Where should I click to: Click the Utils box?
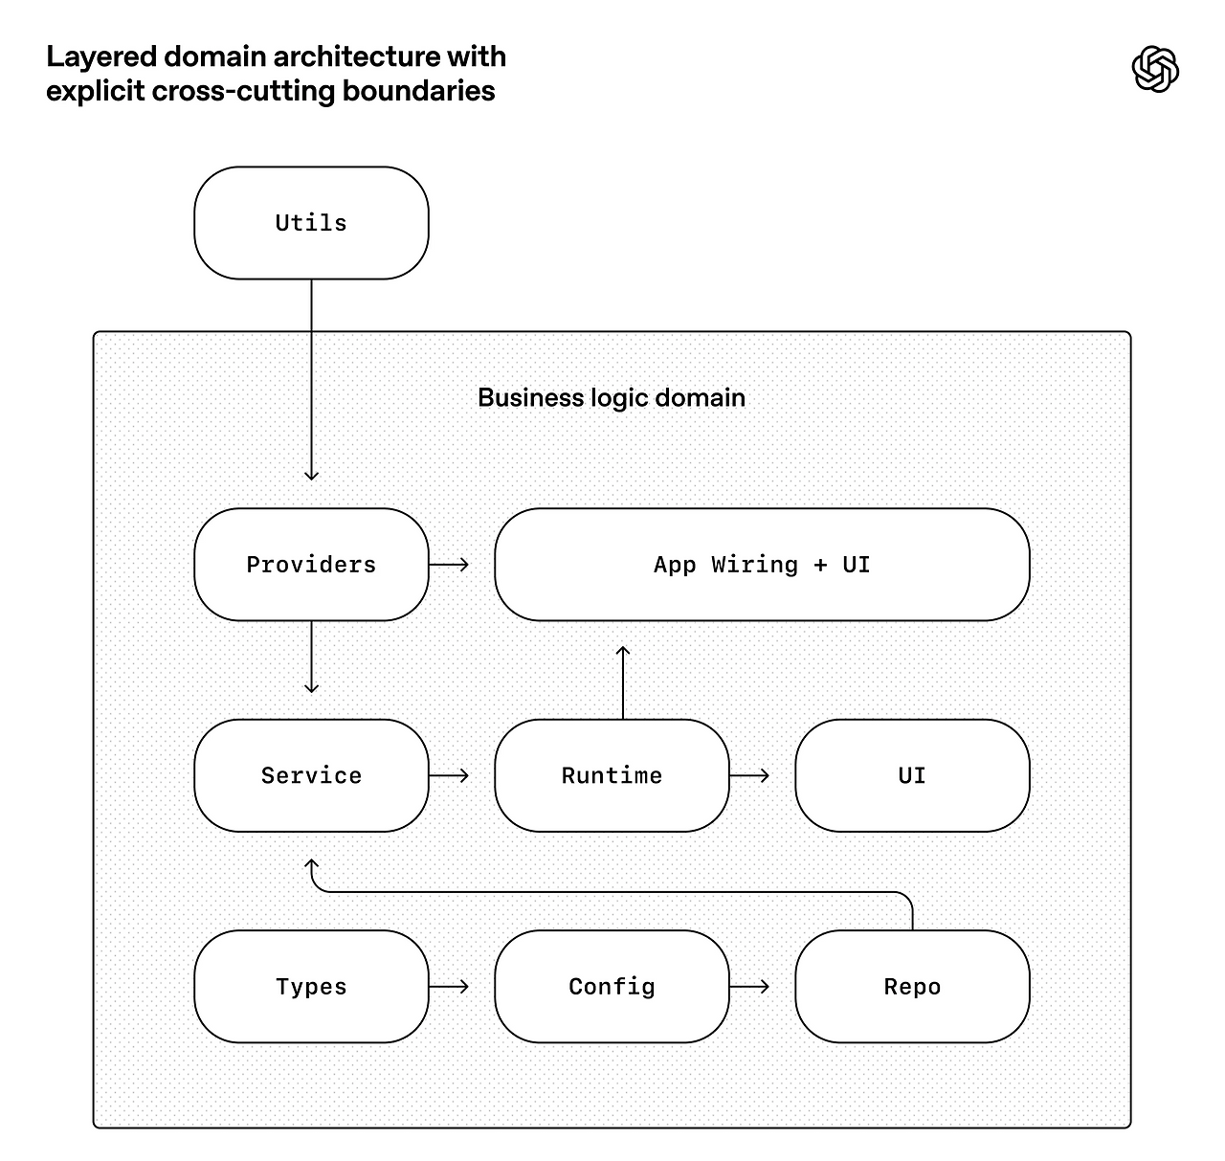(311, 222)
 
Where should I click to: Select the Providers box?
(311, 564)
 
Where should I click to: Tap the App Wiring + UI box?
(762, 564)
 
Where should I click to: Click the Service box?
(311, 775)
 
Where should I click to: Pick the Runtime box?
(612, 775)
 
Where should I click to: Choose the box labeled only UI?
(912, 775)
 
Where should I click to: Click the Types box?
(311, 987)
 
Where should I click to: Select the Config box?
(612, 987)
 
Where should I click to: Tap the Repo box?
(912, 987)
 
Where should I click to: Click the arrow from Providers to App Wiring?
(449, 565)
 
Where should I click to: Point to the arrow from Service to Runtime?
(449, 775)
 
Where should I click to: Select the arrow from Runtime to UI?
(749, 775)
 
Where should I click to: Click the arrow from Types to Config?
(449, 987)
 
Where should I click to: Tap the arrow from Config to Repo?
(749, 987)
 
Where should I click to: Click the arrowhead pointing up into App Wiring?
(622, 650)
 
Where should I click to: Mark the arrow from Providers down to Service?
(311, 657)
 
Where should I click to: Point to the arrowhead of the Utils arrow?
(311, 476)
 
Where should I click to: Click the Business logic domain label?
(612, 397)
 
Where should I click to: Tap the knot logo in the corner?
(1154, 69)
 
